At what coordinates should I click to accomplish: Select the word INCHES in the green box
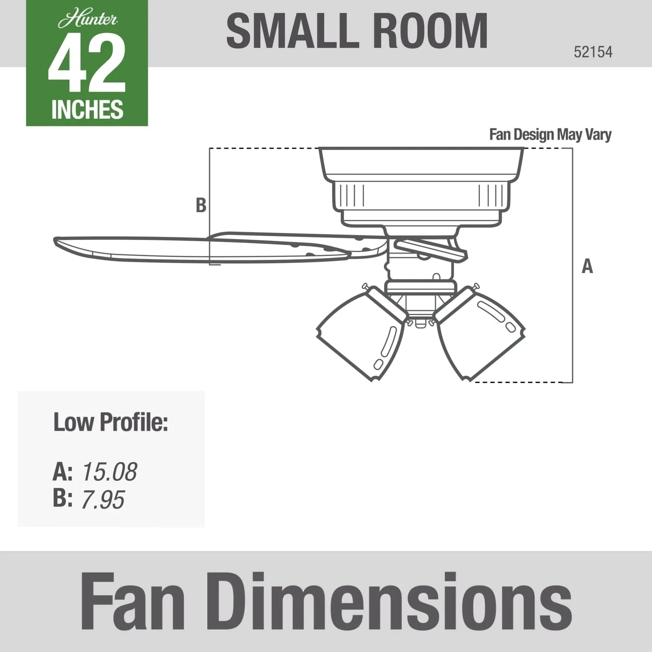click(x=87, y=110)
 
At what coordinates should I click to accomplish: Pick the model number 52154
click(x=593, y=52)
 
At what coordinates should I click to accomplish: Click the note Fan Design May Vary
click(x=550, y=134)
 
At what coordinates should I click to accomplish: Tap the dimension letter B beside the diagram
click(x=201, y=205)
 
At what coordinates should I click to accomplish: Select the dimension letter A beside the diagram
click(x=587, y=266)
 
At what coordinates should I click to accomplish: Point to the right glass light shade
click(x=480, y=335)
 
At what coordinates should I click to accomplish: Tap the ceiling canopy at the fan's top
click(x=421, y=163)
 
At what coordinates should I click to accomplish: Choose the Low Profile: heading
click(x=110, y=422)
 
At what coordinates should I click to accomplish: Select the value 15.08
click(x=110, y=472)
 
